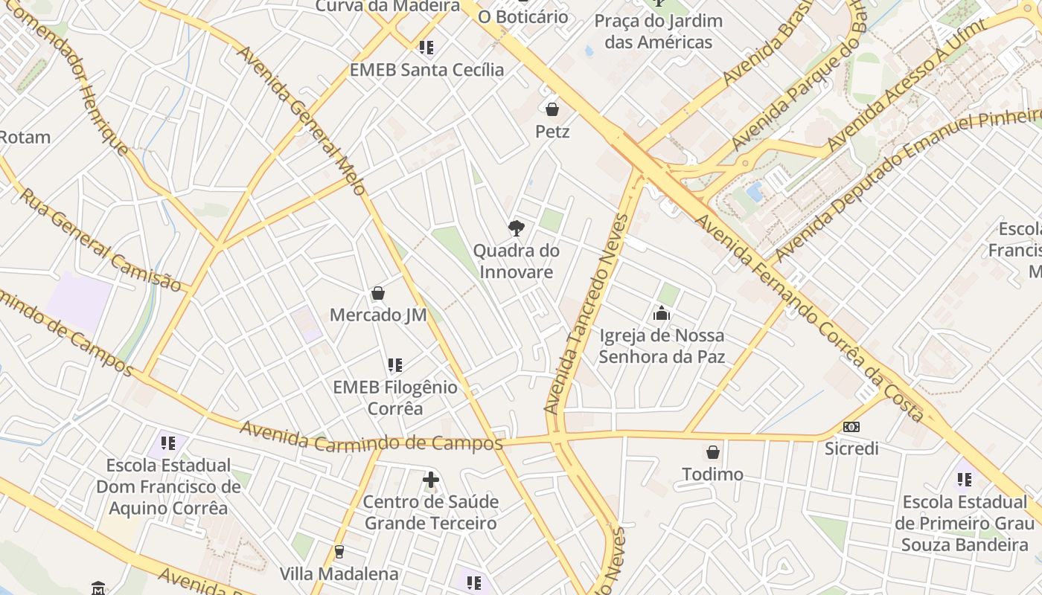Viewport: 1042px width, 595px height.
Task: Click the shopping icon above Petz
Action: tap(552, 110)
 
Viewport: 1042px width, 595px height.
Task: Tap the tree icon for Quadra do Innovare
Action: tap(516, 228)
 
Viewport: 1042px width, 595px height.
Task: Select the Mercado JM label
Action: tap(378, 315)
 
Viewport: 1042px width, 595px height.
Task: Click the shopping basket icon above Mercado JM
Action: tap(378, 293)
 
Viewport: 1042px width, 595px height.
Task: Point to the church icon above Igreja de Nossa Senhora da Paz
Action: tap(661, 314)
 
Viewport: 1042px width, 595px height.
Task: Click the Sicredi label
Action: tap(851, 448)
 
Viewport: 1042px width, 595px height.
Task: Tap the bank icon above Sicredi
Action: tap(851, 427)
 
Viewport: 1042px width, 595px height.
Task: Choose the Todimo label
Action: tap(712, 474)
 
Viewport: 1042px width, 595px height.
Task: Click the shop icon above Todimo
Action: tap(712, 452)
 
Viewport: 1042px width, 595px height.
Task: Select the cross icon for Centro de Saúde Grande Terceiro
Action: tap(431, 480)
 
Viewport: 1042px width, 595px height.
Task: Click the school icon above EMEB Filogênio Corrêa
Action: tap(395, 365)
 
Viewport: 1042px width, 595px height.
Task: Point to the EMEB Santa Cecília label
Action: tap(426, 70)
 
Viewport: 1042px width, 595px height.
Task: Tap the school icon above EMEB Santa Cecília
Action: tap(426, 48)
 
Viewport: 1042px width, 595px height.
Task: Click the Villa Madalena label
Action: tap(339, 573)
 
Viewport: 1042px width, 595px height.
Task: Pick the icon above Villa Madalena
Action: tap(339, 552)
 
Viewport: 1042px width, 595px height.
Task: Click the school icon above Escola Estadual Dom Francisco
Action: tap(168, 443)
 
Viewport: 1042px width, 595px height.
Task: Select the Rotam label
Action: tap(25, 137)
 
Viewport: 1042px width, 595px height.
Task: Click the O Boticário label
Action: tap(522, 16)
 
